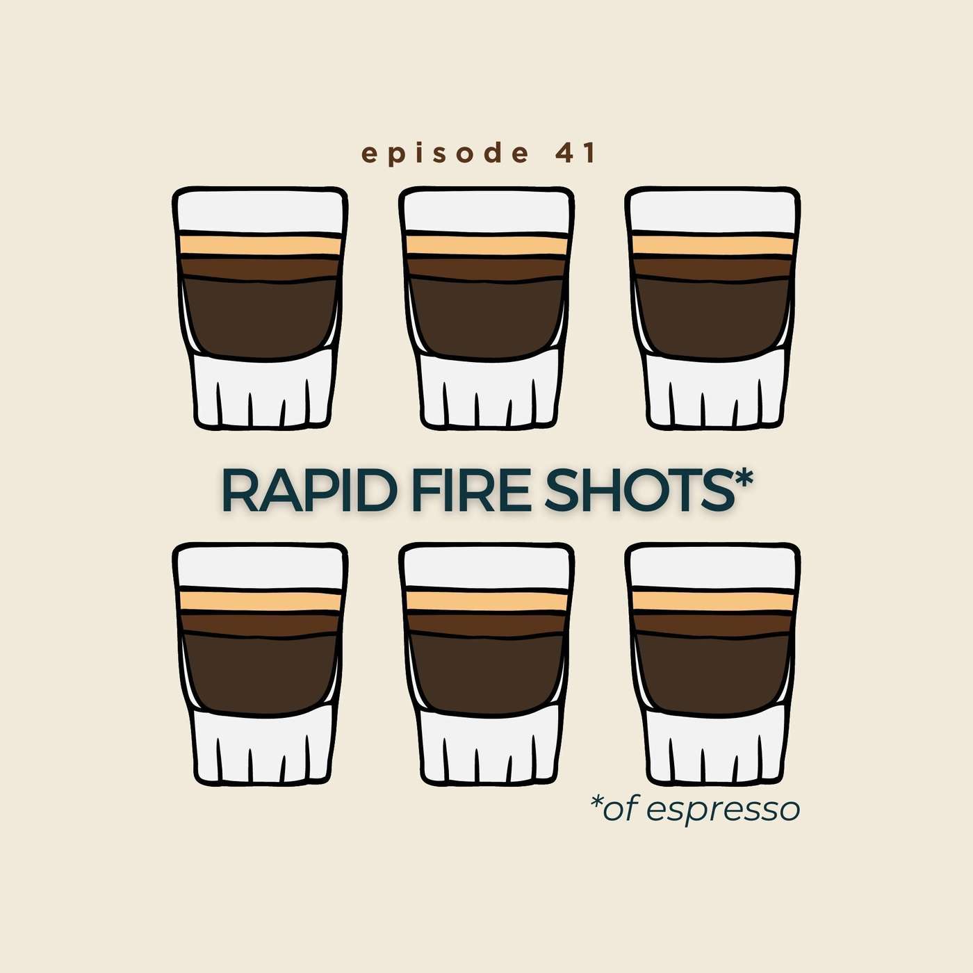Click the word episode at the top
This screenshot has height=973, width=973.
445,154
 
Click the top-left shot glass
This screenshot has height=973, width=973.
260,309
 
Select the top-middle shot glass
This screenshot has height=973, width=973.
486,309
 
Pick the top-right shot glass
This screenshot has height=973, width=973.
712,309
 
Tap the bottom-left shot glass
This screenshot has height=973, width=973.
260,664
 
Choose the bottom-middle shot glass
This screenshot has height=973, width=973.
486,664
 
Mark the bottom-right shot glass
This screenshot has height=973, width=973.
712,664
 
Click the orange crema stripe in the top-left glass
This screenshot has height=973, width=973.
260,245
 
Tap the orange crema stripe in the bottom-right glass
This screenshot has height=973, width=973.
712,601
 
